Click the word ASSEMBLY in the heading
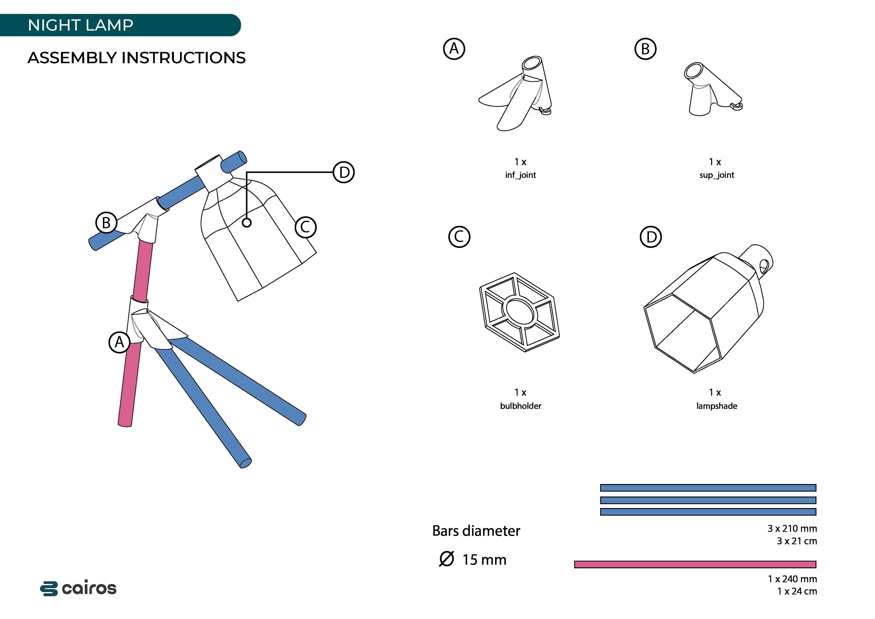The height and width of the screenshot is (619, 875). pyautogui.click(x=72, y=58)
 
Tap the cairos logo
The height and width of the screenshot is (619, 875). pyautogui.click(x=78, y=589)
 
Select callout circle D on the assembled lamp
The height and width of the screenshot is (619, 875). pyautogui.click(x=344, y=172)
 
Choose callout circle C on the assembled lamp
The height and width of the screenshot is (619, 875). pyautogui.click(x=306, y=227)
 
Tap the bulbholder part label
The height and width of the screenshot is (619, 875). pyautogui.click(x=520, y=406)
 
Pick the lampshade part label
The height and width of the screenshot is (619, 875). pyautogui.click(x=717, y=406)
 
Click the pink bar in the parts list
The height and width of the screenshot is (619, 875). pyautogui.click(x=695, y=564)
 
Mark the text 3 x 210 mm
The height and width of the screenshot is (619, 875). pyautogui.click(x=792, y=529)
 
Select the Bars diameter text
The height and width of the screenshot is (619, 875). pyautogui.click(x=476, y=531)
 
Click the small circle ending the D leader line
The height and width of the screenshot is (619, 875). pyautogui.click(x=247, y=223)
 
